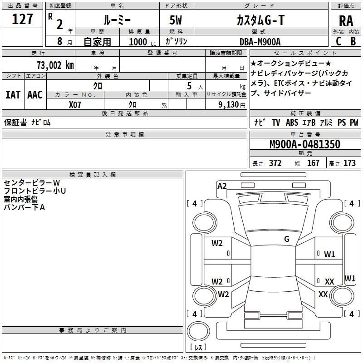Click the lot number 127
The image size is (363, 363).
click(22, 19)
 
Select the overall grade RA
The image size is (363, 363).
click(346, 21)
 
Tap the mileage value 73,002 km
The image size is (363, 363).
click(55, 65)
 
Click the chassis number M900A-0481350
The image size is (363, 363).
click(305, 144)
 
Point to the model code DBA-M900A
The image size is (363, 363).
click(260, 42)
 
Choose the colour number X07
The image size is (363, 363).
click(75, 105)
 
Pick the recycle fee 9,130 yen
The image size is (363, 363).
click(232, 105)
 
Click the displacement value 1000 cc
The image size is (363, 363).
click(142, 42)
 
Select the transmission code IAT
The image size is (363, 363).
click(13, 95)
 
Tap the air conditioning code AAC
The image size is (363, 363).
click(35, 95)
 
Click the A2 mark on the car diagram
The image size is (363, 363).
click(222, 186)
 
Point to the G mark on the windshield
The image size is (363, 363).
click(287, 239)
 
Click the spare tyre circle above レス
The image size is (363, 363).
click(198, 331)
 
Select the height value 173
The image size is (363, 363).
click(349, 163)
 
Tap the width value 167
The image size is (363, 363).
click(313, 163)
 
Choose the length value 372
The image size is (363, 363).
click(275, 163)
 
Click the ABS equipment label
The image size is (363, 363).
click(292, 123)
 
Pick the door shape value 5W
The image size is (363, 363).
click(176, 20)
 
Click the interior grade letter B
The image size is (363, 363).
click(353, 41)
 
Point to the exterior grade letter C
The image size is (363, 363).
click(338, 41)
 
